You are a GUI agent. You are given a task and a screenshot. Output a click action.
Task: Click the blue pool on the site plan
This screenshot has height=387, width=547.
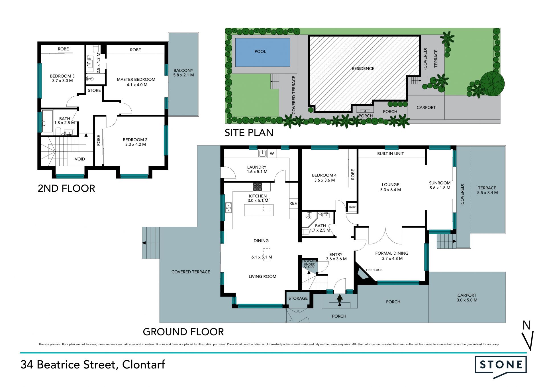point(262,52)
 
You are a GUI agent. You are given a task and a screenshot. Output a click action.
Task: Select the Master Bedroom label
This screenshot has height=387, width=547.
point(136,79)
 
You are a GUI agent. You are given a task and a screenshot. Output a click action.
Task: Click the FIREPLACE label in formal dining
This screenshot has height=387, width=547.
point(374,270)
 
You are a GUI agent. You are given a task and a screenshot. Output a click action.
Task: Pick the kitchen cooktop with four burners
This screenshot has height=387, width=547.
point(257,187)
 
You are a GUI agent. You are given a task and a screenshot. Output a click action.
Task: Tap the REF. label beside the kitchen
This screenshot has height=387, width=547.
point(293,203)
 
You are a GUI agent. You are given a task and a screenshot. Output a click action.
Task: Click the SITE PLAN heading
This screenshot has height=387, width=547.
point(249,133)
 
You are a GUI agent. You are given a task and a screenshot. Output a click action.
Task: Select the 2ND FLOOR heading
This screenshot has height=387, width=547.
point(66,189)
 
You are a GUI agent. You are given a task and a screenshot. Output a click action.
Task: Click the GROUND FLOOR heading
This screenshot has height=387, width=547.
point(183,332)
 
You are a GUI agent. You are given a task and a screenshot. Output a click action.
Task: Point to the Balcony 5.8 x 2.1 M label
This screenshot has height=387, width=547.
point(183,73)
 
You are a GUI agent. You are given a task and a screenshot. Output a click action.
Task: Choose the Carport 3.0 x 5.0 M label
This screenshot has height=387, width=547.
point(467,298)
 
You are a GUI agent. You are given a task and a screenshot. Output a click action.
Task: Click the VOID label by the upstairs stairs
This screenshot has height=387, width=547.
point(80,159)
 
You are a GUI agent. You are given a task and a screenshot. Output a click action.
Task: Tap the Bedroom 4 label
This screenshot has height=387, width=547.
point(324,175)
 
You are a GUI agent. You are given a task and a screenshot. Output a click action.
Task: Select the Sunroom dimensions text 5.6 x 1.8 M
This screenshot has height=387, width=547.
point(440,188)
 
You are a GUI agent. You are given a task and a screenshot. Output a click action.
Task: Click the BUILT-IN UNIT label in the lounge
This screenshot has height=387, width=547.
point(391,153)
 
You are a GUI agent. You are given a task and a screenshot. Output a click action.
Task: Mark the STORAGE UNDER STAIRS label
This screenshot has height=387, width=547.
point(309,264)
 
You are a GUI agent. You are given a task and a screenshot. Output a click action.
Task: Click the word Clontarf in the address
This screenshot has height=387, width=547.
point(144,364)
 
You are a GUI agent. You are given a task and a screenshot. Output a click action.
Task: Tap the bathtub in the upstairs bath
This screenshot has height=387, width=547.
point(47,121)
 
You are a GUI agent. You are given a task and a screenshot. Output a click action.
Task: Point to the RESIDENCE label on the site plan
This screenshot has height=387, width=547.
point(363,68)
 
